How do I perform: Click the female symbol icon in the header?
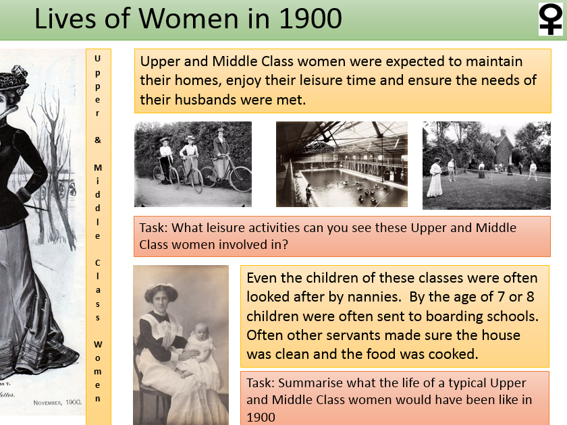coord(550,20)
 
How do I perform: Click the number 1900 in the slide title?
coord(306,20)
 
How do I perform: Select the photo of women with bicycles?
coord(193,164)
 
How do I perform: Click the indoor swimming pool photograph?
coord(342,164)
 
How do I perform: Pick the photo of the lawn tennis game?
coord(486,165)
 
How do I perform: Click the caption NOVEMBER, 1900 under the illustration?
coord(57,402)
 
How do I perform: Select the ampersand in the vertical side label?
coord(98,140)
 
